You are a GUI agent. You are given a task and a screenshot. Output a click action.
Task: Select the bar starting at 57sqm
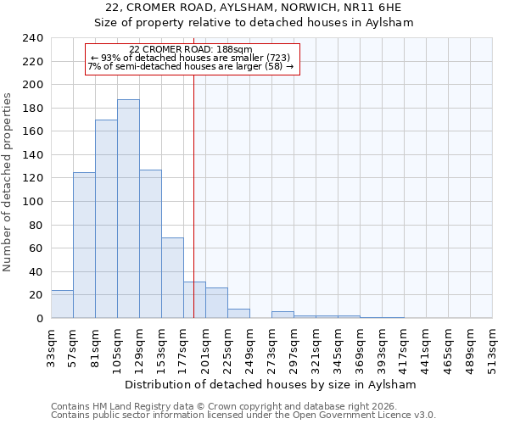[x=84, y=245]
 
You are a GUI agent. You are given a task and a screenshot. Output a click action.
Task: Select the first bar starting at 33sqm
[x=62, y=304]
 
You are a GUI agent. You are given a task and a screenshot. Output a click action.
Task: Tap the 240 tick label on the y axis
[x=32, y=38]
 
